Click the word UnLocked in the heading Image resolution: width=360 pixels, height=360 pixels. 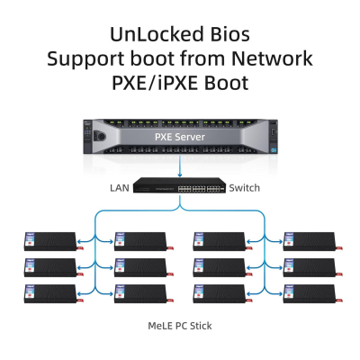(151, 34)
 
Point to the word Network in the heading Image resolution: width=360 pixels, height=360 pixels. (271, 59)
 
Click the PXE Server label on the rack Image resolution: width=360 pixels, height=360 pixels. (179, 138)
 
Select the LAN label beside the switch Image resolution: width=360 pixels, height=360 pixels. (120, 187)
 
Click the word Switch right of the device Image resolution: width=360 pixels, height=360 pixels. (244, 187)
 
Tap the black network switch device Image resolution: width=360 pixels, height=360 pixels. (180, 187)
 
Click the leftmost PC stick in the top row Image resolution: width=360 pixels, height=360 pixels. (50, 240)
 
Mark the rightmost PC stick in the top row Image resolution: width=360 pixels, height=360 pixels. (311, 240)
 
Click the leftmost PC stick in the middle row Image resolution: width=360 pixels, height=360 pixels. (50, 267)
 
